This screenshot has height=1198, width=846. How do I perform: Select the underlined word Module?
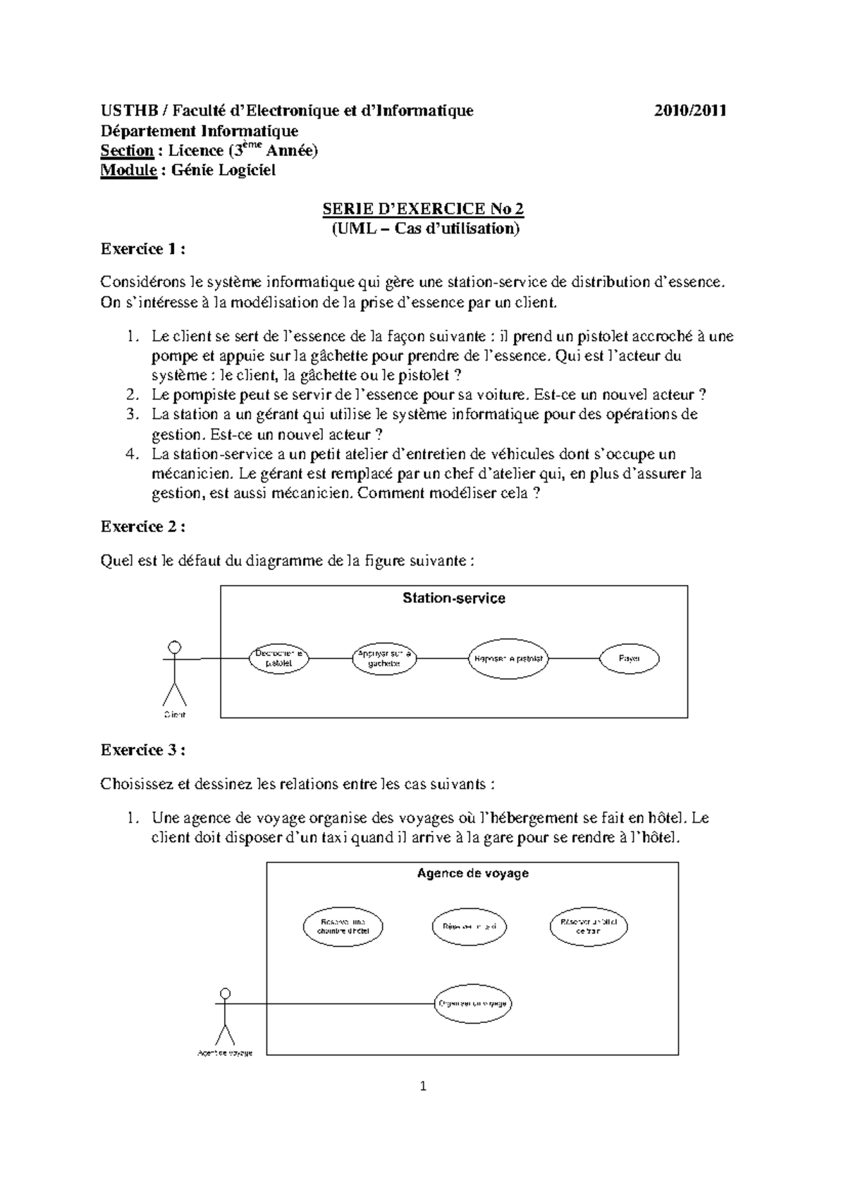click(x=128, y=170)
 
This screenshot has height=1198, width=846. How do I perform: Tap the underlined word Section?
click(x=127, y=150)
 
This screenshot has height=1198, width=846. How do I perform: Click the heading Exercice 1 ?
click(x=144, y=249)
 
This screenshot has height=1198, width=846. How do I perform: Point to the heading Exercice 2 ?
click(x=144, y=526)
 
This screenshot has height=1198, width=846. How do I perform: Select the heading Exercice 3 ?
click(x=144, y=750)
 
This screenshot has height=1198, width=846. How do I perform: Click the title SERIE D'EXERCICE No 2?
click(x=423, y=209)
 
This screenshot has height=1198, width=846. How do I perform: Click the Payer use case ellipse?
click(x=629, y=659)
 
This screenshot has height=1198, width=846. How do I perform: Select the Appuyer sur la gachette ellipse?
click(x=384, y=659)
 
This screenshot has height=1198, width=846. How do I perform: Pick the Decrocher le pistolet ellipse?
click(x=278, y=659)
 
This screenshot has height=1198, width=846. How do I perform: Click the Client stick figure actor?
click(x=174, y=674)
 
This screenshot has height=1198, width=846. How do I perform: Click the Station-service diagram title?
click(x=453, y=598)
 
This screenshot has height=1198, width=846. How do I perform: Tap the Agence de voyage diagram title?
click(x=472, y=873)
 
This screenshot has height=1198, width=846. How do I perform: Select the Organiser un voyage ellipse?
click(x=472, y=1003)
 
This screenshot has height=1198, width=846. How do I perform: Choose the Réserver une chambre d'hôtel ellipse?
click(x=343, y=926)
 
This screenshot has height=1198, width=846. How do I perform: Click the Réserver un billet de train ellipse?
click(x=589, y=926)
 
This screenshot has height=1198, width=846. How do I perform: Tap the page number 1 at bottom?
click(x=423, y=1087)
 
